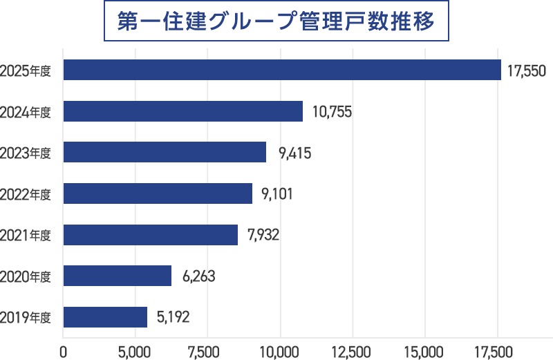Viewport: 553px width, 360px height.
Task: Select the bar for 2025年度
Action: coord(282,70)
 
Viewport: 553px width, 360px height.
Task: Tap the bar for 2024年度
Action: coord(182,111)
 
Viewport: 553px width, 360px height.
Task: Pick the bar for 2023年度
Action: coord(165,152)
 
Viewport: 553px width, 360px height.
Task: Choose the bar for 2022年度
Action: coord(158,193)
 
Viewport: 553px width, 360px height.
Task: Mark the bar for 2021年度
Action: coord(150,235)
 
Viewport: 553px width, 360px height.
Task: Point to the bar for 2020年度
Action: coord(117,276)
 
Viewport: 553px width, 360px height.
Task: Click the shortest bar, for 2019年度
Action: coord(105,317)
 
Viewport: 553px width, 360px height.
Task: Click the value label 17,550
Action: coord(527,70)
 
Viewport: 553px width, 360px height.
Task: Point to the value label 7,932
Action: coord(261,236)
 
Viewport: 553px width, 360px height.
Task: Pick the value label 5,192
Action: coord(173,318)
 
